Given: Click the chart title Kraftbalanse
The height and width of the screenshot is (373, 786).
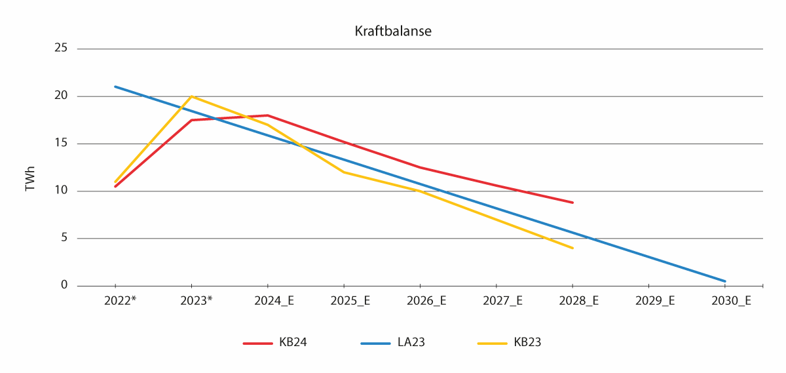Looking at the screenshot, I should point(393,31).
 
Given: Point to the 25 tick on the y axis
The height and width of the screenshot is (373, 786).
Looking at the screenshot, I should point(62,49).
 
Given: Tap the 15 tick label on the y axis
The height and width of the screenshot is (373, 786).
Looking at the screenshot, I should point(62,144).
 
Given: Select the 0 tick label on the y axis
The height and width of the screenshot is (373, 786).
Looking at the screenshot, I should point(64,286).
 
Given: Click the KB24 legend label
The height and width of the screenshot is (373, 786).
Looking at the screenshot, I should point(293,342).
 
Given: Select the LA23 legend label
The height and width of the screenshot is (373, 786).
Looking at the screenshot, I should point(411,342).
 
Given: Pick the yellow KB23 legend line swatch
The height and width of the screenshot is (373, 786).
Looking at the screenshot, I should point(492,343).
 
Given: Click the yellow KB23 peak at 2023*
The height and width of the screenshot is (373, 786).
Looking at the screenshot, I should point(191,96).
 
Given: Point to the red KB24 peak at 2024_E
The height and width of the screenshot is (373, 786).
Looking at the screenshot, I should point(267,115).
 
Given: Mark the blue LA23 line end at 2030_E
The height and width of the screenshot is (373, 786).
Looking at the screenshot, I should point(724,281).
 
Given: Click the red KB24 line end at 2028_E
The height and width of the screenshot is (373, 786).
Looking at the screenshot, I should point(572,203).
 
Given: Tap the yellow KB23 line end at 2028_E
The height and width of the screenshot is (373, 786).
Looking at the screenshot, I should point(572,248).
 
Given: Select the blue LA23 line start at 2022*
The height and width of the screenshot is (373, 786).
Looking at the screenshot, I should point(115,87).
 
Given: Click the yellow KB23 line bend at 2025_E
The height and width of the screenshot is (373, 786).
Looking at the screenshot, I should point(344,172).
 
